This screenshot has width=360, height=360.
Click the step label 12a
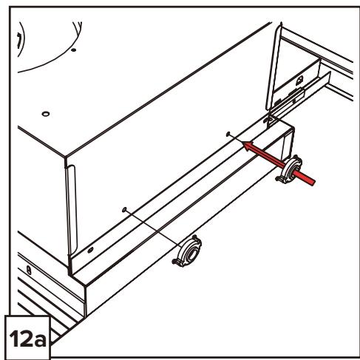pos(27,338)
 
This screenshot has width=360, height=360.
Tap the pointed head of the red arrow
pos(242,142)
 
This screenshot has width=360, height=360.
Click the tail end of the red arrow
pos(314,183)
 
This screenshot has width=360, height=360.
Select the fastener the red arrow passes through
pos(289,169)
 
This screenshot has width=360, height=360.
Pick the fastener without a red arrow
pos(187,251)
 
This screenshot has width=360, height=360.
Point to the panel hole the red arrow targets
pos(228,134)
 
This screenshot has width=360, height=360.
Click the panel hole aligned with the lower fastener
pos(124,209)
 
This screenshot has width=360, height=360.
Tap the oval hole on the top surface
pos(46,114)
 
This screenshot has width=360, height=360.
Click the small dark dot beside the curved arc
pos(73,50)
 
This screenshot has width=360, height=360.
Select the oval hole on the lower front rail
pos(90,250)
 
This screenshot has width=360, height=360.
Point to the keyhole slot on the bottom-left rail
pos(29,271)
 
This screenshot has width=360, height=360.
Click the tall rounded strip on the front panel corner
pos(72,209)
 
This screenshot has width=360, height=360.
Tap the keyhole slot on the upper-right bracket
pos(299,81)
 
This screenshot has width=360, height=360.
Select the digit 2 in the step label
pos(25,338)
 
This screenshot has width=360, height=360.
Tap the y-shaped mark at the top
pos(78,27)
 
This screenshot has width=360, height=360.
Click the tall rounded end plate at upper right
pos(274,68)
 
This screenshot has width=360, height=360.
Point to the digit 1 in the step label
pos(14,338)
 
